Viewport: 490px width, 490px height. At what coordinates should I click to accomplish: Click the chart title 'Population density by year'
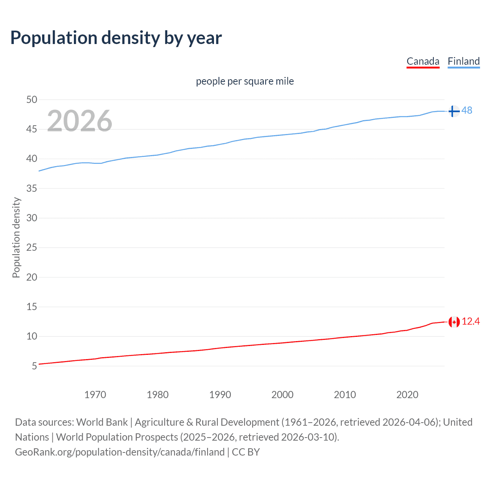[116, 38]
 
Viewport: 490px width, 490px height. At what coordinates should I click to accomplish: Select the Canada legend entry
[423, 61]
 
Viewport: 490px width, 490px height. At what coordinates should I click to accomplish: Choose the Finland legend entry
[464, 61]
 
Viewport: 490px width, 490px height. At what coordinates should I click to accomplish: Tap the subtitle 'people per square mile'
[245, 81]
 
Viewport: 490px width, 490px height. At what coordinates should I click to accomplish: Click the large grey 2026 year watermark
[80, 121]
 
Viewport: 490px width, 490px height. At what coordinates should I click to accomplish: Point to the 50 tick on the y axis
[32, 100]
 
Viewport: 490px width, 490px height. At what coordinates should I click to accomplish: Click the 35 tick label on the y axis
[32, 188]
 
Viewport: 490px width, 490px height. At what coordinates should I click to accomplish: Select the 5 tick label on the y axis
[34, 366]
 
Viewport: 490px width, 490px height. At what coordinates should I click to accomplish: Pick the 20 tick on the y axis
[32, 277]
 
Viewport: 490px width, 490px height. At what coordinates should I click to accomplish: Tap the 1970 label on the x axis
[95, 395]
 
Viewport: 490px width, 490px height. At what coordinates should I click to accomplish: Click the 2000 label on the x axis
[282, 395]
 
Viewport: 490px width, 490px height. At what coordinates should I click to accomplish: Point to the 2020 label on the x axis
[407, 395]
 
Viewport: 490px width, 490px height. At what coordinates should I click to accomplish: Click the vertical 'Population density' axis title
[16, 237]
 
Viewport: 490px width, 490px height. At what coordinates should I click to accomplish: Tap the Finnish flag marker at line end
[454, 111]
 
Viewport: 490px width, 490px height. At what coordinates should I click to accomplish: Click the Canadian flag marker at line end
[454, 322]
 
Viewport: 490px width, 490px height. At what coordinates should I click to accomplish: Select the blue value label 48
[467, 110]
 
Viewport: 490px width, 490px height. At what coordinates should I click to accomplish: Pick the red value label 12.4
[470, 322]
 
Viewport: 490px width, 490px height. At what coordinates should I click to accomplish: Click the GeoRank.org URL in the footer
[120, 452]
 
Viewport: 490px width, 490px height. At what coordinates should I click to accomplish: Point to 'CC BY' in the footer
[246, 452]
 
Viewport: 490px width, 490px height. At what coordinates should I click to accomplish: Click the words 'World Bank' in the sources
[102, 422]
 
